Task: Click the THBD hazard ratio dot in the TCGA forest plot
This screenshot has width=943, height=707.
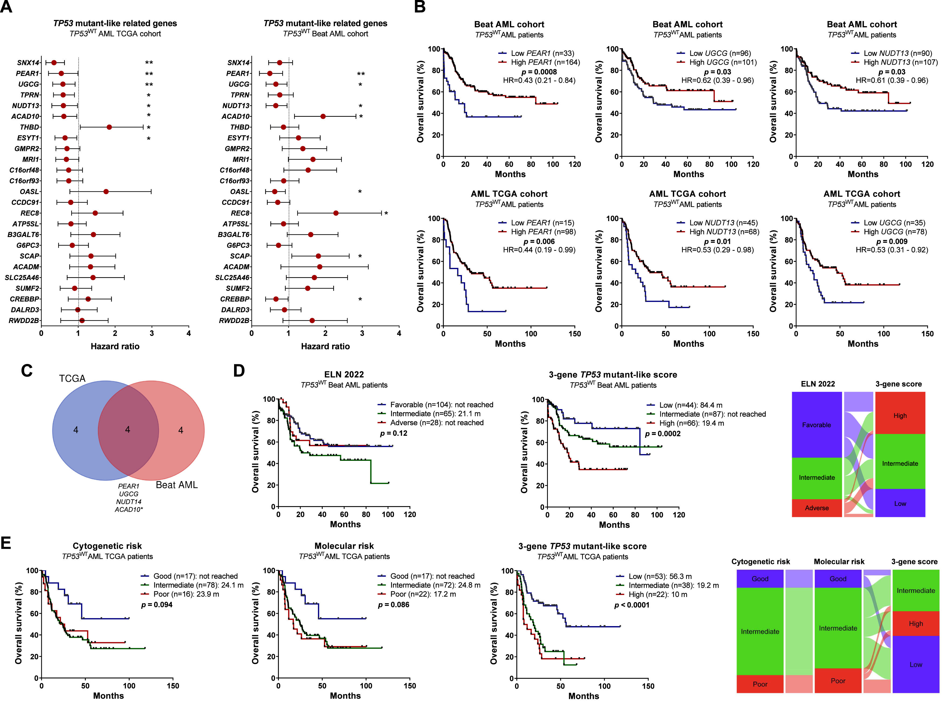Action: (x=109, y=127)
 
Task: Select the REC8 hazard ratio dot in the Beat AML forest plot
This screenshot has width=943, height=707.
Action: (x=336, y=213)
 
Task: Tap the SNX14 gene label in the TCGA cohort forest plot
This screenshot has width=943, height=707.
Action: (x=28, y=63)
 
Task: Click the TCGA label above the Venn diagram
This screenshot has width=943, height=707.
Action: (x=72, y=379)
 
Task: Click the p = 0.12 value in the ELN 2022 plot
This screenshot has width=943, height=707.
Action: (x=394, y=433)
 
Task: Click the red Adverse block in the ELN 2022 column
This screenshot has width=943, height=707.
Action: (x=816, y=508)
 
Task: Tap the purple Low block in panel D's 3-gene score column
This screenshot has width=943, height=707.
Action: (x=900, y=503)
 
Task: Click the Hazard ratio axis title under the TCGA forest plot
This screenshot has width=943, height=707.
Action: (x=115, y=346)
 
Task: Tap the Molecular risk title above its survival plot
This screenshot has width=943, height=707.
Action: (x=344, y=546)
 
